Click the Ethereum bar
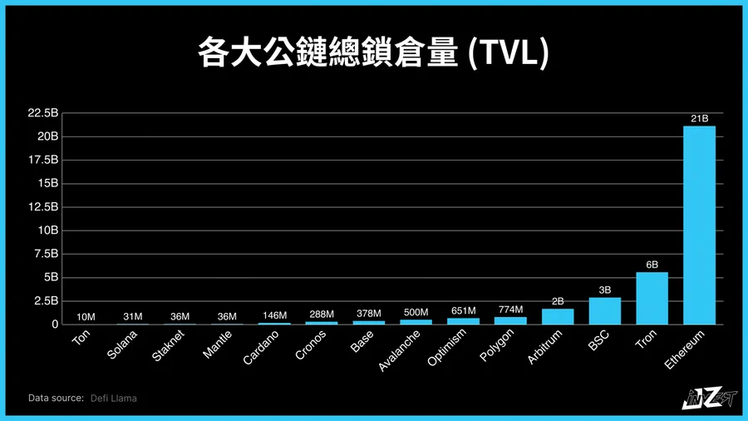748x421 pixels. tap(699, 225)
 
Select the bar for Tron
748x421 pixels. tap(652, 298)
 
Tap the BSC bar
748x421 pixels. tap(604, 310)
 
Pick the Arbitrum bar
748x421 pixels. tap(557, 316)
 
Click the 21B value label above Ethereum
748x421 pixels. tap(699, 119)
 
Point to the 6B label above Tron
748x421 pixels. tap(652, 265)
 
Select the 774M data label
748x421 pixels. tap(510, 310)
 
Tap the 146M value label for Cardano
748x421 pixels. tap(274, 315)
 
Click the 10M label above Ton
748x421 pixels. tap(85, 316)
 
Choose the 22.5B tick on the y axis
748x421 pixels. tap(43, 112)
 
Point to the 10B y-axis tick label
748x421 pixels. tap(47, 230)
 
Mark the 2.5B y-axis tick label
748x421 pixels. tap(45, 300)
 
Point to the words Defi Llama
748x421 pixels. tap(114, 399)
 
